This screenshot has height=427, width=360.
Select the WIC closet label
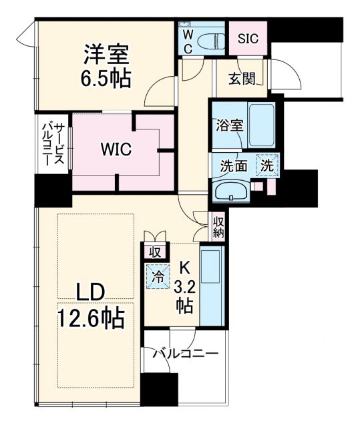pos(116,150)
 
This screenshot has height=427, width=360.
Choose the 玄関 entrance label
pos(242,79)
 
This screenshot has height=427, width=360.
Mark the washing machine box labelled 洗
pos(267,164)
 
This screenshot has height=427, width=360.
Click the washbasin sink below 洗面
pos(231,191)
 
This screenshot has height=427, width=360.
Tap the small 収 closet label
pos(154,253)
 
